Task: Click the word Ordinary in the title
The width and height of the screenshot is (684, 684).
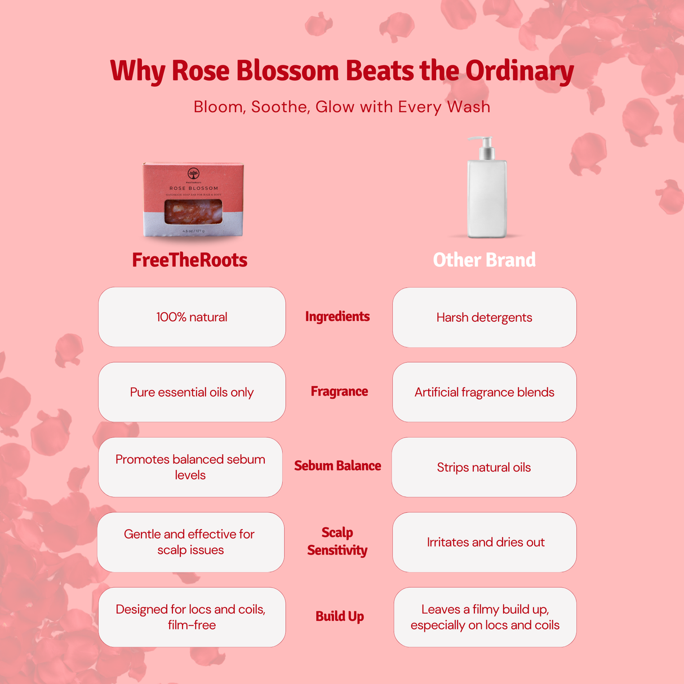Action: (x=519, y=72)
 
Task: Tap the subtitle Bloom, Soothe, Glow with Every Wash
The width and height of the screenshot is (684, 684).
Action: (x=341, y=106)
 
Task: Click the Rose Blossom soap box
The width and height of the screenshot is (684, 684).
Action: (x=193, y=200)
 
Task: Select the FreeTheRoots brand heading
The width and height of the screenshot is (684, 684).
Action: (x=190, y=260)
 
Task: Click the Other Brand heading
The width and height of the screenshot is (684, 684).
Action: (x=484, y=260)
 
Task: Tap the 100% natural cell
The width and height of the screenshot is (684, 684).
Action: (x=192, y=317)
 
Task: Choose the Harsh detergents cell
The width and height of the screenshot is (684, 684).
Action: (x=484, y=317)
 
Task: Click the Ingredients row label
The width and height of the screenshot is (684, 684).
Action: (x=337, y=317)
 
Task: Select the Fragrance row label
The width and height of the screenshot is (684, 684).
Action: (x=339, y=392)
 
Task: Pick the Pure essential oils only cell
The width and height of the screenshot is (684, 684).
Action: (x=192, y=392)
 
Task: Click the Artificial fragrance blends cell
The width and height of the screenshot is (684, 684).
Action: (x=484, y=392)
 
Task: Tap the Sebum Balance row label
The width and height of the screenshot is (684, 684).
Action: (x=337, y=466)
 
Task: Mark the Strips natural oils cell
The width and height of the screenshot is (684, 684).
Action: (x=484, y=467)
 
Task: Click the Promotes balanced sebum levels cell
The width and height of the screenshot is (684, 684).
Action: (x=190, y=467)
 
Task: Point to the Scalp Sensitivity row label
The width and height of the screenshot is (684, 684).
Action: (x=337, y=541)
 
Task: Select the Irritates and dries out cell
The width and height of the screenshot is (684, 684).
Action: (x=485, y=542)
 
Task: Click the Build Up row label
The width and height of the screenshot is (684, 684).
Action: (x=339, y=616)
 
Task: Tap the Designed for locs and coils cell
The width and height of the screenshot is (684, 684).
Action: (x=192, y=617)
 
